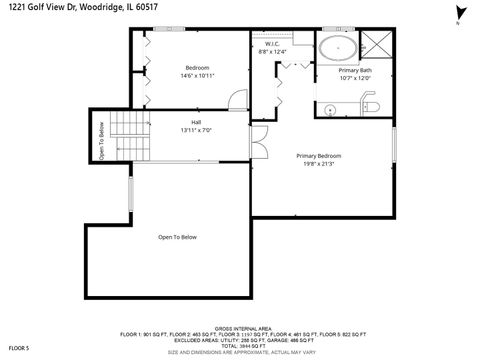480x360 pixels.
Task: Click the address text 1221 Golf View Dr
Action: [46, 8]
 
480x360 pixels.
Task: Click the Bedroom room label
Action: [197, 68]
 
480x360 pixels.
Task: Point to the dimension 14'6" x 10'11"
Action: [197, 76]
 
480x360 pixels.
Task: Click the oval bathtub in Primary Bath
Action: [338, 48]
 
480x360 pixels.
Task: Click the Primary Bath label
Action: [355, 70]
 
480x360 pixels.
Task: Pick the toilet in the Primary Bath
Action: [367, 106]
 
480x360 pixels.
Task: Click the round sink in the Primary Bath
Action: [329, 107]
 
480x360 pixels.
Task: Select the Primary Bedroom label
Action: [319, 156]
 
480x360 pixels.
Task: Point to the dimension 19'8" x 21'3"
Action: [319, 164]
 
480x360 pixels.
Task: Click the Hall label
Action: [196, 122]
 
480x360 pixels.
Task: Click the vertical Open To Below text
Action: [101, 140]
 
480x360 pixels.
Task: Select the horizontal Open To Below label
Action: [178, 237]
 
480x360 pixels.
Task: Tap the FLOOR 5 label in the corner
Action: [19, 348]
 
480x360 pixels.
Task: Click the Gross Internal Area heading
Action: [243, 327]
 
